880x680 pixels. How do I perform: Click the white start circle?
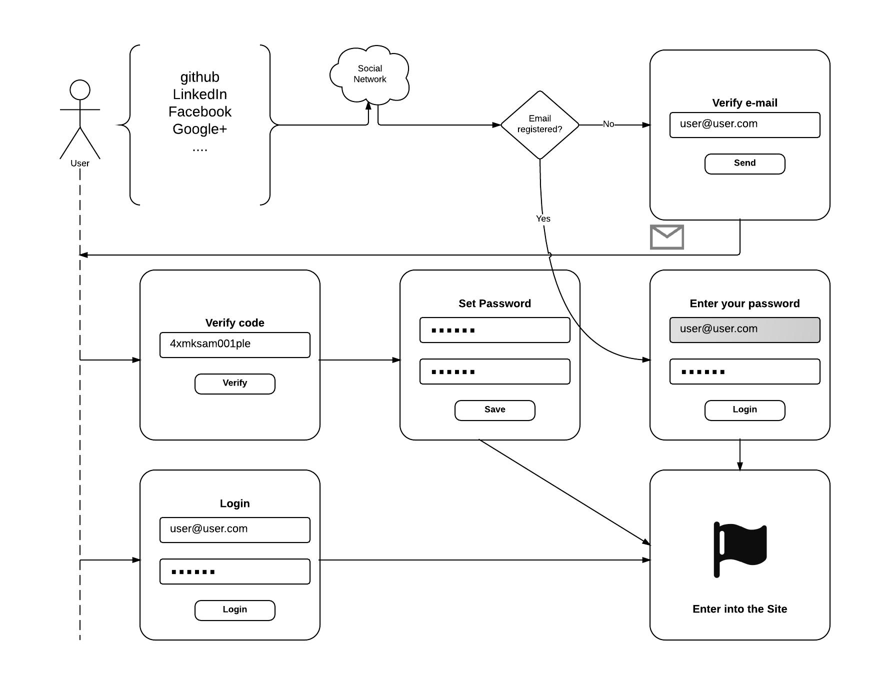click(x=80, y=90)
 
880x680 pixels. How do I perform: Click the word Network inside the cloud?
click(x=370, y=79)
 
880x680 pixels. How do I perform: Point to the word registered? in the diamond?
click(x=540, y=129)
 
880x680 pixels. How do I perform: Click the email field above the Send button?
click(x=744, y=125)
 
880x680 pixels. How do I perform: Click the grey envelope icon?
click(x=667, y=237)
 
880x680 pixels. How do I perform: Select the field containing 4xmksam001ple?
click(x=234, y=345)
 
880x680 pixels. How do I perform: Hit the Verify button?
click(x=234, y=384)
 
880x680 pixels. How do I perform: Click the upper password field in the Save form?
click(x=494, y=330)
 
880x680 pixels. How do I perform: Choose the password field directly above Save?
click(x=494, y=371)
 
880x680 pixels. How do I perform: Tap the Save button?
click(x=494, y=410)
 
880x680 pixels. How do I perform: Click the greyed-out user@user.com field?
click(x=744, y=330)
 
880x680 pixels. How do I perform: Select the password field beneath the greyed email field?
click(x=744, y=371)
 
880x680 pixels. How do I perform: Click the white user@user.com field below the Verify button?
click(x=234, y=530)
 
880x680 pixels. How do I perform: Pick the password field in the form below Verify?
click(x=234, y=571)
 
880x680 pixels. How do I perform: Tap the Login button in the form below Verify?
click(x=234, y=610)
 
